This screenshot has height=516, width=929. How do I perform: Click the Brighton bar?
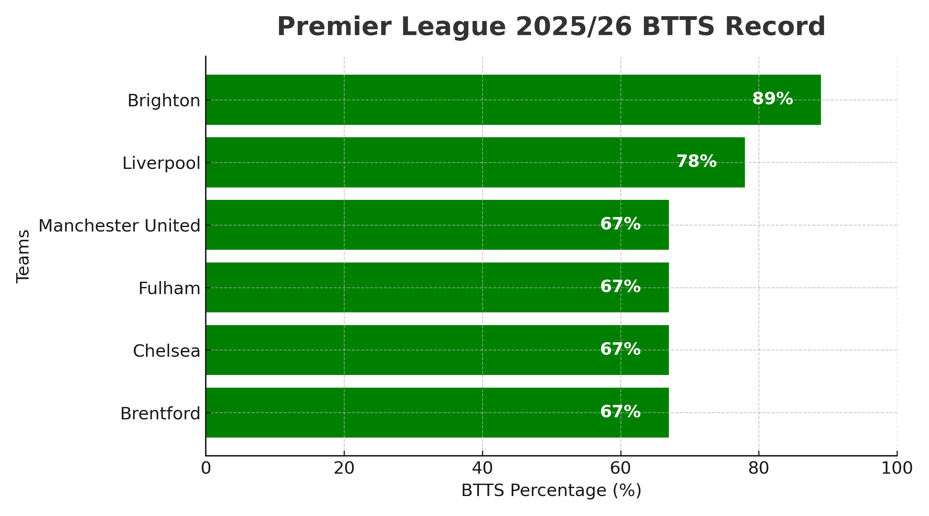tap(469, 99)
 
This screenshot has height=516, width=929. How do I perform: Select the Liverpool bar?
tap(433, 162)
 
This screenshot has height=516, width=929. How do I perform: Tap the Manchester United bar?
tap(397, 225)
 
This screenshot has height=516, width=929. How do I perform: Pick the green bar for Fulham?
tap(397, 287)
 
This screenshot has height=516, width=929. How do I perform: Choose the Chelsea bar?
tap(397, 350)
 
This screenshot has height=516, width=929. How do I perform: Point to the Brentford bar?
tap(397, 412)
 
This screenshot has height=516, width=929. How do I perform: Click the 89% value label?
tap(772, 99)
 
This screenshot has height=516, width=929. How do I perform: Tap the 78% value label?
tap(696, 161)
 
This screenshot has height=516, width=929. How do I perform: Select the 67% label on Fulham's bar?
tap(620, 287)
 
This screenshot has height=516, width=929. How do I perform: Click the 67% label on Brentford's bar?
tap(620, 412)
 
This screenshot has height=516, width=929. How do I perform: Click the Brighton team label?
tap(164, 100)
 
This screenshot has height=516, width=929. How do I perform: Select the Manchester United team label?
tap(119, 226)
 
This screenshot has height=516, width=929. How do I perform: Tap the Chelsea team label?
tap(166, 351)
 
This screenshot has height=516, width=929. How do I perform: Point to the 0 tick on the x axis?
tap(206, 469)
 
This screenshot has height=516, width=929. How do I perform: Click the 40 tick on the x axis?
tap(482, 469)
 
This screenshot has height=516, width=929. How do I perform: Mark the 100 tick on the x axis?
tap(897, 469)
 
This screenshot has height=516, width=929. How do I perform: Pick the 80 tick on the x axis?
tap(759, 469)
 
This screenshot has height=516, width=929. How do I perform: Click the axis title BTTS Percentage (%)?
tap(552, 491)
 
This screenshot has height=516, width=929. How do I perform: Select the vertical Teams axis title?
tap(23, 256)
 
